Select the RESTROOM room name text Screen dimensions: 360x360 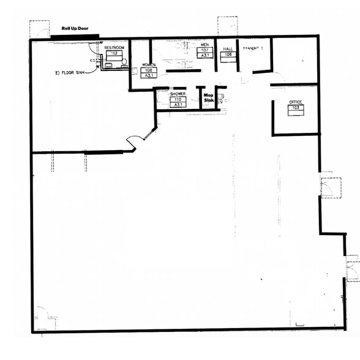pos(114,48)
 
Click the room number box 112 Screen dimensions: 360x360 pos(114,53)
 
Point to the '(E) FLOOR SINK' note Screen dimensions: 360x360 pos(70,72)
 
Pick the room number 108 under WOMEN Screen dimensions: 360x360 pos(149,70)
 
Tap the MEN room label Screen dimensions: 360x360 pos(205,45)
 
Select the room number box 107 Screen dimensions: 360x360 pos(205,50)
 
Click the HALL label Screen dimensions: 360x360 pos(228,49)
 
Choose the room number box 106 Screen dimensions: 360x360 pos(228,54)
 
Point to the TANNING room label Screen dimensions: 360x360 pos(252,48)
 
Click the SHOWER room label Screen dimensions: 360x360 pos(178,94)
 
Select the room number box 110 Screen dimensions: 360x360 pos(178,99)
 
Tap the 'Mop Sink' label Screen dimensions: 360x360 pos(209,98)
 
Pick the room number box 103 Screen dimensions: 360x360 pos(296,109)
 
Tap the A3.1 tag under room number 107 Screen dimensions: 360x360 pos(205,55)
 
